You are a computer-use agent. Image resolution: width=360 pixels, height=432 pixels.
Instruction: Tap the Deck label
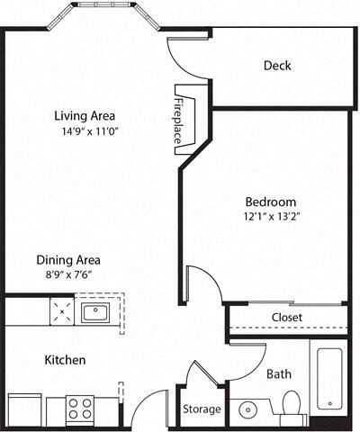click(277, 66)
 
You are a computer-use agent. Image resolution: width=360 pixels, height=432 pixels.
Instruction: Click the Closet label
click(286, 318)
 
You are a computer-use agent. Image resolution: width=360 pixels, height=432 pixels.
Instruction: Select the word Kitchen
click(66, 360)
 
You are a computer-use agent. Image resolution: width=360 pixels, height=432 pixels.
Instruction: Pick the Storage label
click(202, 409)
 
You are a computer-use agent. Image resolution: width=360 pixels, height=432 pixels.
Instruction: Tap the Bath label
click(277, 373)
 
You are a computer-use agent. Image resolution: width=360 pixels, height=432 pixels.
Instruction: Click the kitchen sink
click(94, 313)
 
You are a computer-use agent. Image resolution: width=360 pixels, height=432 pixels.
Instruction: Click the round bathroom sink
click(247, 411)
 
